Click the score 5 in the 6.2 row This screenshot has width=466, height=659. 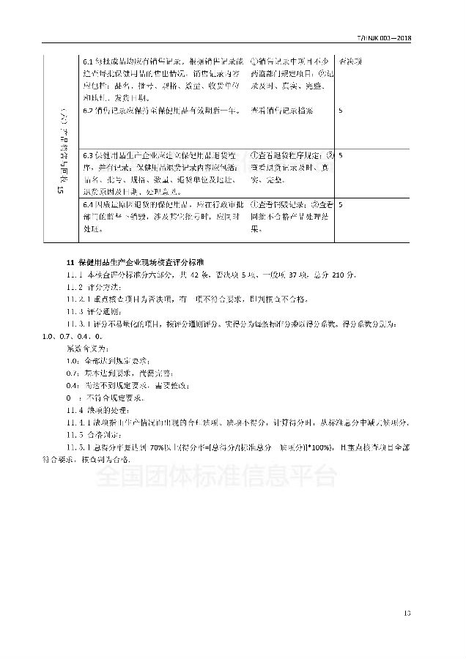(341, 110)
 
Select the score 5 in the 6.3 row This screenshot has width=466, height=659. (341, 155)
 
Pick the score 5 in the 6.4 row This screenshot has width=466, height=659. (341, 204)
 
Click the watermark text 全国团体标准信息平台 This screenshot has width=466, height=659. (216, 477)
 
